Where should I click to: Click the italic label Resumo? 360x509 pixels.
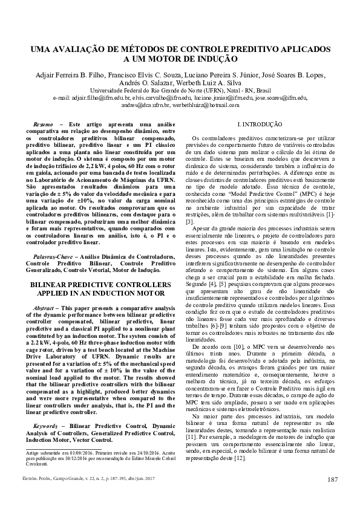(43, 123)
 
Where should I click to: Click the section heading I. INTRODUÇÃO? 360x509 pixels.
(258, 124)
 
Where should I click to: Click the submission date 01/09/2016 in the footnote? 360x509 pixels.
(80, 452)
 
